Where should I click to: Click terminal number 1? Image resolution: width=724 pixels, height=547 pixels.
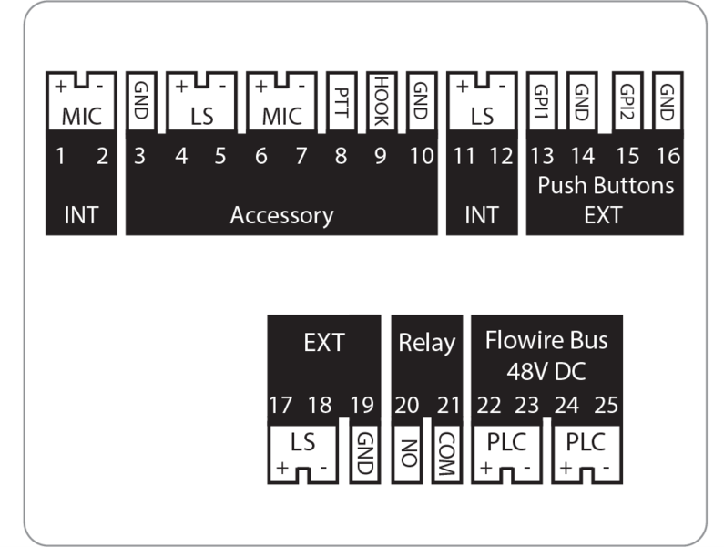point(60,157)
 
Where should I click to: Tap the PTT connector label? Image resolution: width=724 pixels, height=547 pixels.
point(341,99)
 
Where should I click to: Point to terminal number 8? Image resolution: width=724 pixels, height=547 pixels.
point(341,157)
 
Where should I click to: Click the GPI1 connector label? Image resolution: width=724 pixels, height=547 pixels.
point(541,98)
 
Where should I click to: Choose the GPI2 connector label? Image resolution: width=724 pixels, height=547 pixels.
point(627,98)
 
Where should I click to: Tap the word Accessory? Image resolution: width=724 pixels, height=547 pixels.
point(281,216)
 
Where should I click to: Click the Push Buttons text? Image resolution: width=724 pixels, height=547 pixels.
point(606,187)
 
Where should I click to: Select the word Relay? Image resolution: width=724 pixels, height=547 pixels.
point(426,344)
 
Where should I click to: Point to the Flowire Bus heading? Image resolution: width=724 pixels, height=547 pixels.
point(546,343)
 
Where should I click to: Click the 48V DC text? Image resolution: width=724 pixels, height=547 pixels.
point(546,372)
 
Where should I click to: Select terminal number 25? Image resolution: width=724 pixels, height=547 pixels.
point(607,405)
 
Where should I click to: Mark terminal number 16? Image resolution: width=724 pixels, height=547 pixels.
point(667,157)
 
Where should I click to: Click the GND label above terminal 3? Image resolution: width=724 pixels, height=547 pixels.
point(140,98)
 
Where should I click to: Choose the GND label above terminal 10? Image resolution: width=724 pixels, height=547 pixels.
point(420,98)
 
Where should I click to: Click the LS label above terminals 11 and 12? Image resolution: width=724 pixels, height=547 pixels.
point(482,117)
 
